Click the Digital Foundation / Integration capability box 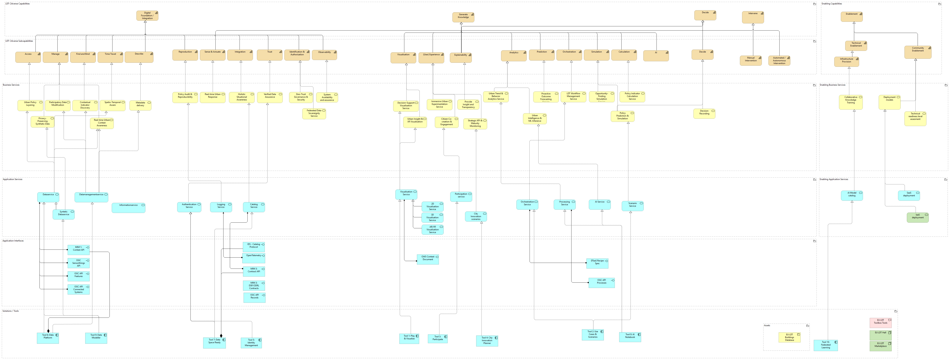[147, 16]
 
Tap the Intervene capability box [753, 17]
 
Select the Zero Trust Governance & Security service [301, 97]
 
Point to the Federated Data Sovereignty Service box [314, 114]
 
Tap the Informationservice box [128, 208]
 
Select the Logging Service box [221, 207]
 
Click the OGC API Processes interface [601, 283]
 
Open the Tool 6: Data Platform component [48, 338]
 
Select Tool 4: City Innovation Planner [487, 341]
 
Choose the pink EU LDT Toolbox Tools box [880, 323]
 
